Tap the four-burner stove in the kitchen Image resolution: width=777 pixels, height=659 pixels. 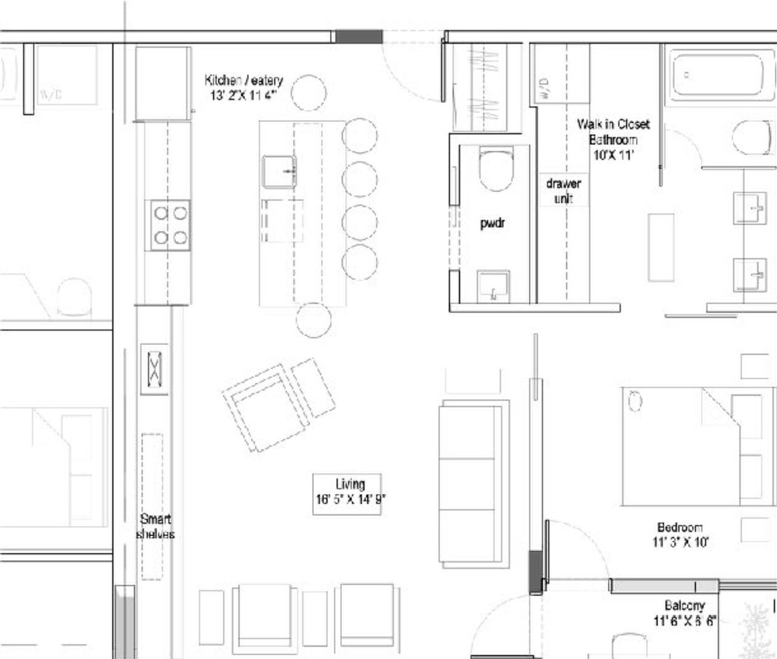170,225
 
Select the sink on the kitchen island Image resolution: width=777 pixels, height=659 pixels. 279,171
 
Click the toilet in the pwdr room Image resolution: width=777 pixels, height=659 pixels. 496,169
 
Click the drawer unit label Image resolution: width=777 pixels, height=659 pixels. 563,191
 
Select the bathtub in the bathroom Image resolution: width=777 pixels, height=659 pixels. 721,75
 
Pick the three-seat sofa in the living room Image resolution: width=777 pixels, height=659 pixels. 473,484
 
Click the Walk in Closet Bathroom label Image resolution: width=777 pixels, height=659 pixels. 613,139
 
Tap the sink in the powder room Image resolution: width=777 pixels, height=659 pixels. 493,287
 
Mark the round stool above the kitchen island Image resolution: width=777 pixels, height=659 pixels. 309,93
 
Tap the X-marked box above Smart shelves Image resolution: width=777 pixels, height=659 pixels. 154,369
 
